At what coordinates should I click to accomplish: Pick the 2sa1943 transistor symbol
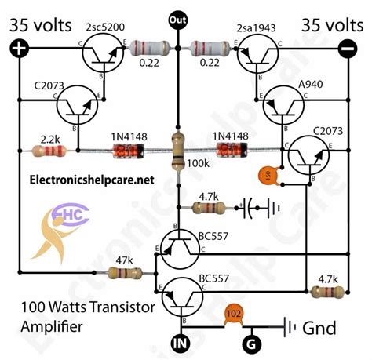pos(253,56)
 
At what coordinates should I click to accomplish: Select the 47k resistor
pos(124,273)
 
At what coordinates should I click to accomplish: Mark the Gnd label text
pos(324,325)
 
